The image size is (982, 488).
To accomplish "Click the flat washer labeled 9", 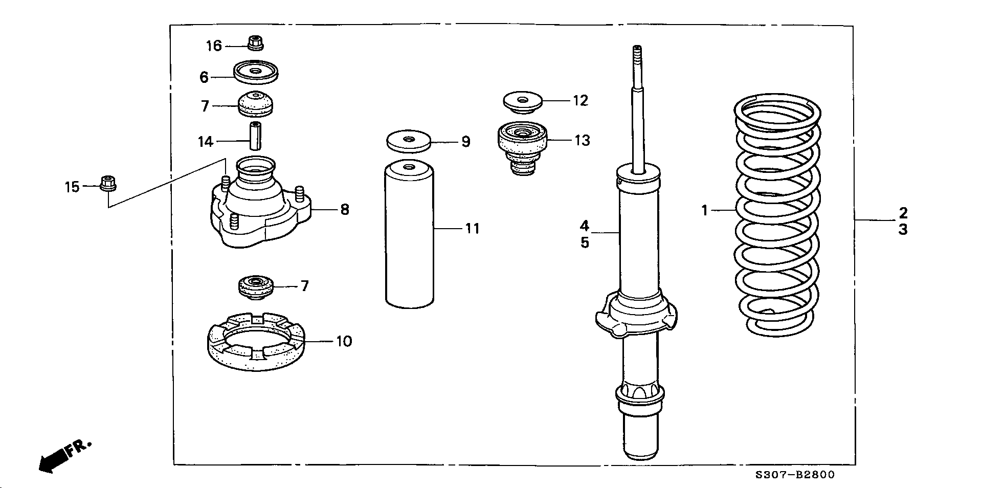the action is tap(408, 141).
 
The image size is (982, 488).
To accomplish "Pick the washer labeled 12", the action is tap(522, 102).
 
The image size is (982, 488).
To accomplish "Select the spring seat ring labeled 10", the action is tap(257, 341).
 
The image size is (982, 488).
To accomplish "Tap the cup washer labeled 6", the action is tap(256, 71).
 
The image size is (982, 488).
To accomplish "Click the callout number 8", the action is tap(345, 209).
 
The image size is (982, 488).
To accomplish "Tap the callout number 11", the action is tap(472, 228).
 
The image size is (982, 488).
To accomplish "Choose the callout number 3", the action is tap(903, 230).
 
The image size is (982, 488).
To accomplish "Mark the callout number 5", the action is tap(585, 242).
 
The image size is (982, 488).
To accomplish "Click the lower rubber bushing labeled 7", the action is tap(256, 288).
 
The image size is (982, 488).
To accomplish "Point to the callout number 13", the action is tap(582, 140).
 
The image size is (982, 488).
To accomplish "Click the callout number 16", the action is tap(214, 46).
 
